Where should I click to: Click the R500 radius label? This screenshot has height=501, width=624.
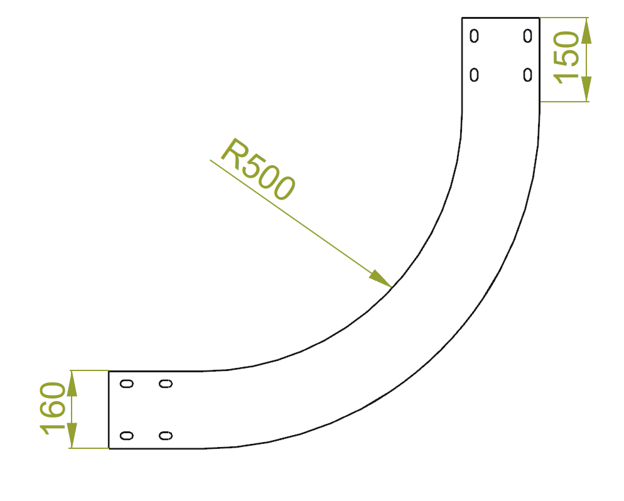pos(258,169)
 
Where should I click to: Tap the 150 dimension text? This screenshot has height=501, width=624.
pos(567,57)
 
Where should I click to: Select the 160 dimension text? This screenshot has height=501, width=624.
pos(53,408)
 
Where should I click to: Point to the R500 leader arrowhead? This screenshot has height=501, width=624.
pos(380,279)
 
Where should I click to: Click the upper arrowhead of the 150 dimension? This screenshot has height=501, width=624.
pos(586,30)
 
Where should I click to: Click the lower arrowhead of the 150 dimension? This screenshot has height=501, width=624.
pos(586,89)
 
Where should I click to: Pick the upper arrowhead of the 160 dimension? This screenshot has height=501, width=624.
pos(72,383)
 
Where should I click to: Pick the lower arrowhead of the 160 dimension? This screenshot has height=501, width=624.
pos(72,435)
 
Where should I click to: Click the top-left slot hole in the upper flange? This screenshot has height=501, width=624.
pos(474,36)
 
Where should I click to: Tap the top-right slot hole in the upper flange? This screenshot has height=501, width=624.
pos(528,36)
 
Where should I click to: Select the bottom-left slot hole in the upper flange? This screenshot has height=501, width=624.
pos(474,75)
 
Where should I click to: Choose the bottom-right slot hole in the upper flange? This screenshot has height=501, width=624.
pos(528,75)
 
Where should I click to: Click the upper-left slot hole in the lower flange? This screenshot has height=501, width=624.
pos(127,384)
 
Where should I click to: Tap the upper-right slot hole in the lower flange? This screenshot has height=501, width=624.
pos(166,384)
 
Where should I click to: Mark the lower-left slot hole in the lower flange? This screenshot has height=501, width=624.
pos(127,436)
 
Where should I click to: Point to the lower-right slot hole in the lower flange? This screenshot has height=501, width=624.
pos(166,436)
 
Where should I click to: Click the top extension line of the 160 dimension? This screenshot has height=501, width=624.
pos(90,370)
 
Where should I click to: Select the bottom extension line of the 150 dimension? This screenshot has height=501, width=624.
pos(564,102)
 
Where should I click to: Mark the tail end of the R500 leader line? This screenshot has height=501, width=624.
pos(210,160)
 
